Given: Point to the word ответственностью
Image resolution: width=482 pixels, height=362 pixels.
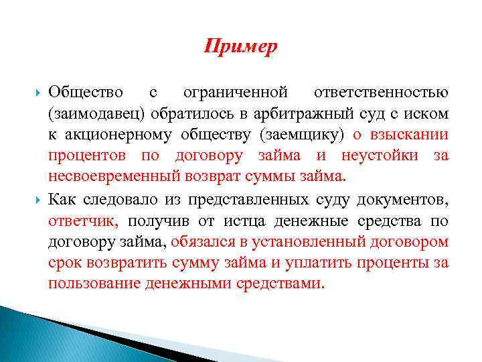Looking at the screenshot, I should point(380,90).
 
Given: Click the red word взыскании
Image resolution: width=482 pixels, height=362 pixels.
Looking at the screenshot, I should point(414,133).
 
